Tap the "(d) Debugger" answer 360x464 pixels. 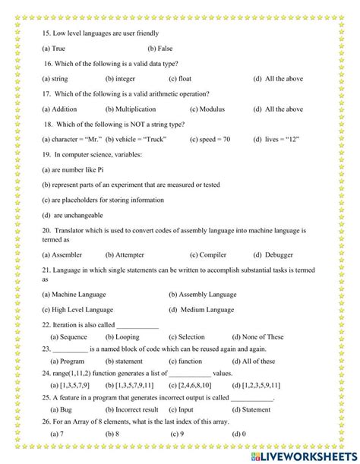[x=273, y=254]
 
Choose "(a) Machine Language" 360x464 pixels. [x=74, y=294]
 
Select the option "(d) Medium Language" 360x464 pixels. [x=202, y=309]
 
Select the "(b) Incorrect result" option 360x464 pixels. [x=131, y=409]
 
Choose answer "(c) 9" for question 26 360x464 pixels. [x=178, y=434]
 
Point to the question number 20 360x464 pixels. [x=46, y=230]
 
